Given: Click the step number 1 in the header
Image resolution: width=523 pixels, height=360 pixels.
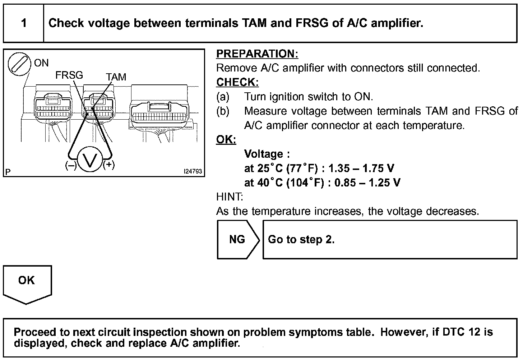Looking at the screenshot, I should click(x=24, y=23).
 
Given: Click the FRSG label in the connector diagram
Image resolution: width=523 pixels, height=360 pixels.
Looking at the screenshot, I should click(x=69, y=75).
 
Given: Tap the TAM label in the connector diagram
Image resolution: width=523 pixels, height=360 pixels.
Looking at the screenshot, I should click(x=116, y=77).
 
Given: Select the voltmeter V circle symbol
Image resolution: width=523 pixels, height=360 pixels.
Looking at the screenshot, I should click(x=89, y=158).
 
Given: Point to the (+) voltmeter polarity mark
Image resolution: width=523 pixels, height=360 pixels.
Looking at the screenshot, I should click(x=109, y=165).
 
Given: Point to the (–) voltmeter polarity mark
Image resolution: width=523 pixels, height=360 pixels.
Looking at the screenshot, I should click(x=71, y=166).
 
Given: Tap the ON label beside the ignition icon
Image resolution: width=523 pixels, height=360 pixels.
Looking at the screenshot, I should click(x=41, y=63).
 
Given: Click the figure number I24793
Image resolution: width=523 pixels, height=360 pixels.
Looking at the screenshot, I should click(x=193, y=172).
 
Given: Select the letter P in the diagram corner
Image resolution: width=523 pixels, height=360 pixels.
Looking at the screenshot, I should click(x=8, y=172).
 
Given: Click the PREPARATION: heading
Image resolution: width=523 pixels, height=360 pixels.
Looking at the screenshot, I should click(x=257, y=54).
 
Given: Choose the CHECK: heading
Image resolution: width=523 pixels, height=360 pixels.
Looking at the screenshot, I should click(x=237, y=82).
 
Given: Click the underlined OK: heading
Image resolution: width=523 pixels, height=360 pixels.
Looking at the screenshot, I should click(x=226, y=139).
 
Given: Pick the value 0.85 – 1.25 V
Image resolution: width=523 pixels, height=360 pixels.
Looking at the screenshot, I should click(x=367, y=183).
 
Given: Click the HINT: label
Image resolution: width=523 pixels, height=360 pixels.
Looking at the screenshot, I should click(x=230, y=197).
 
